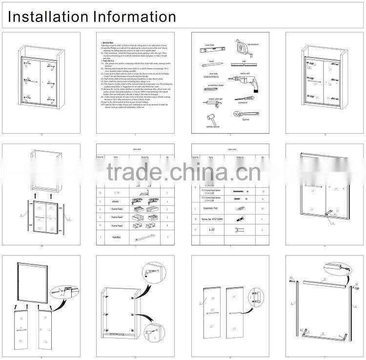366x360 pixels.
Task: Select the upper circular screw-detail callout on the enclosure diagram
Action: point(149,272)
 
